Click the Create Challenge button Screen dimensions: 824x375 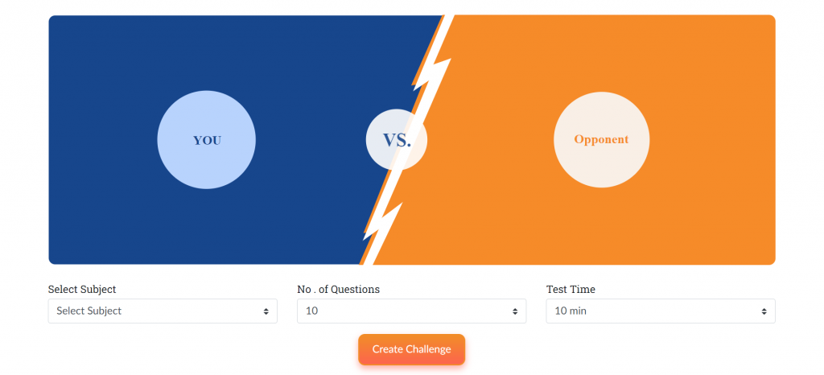click(411, 349)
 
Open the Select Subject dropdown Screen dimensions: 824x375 click(163, 311)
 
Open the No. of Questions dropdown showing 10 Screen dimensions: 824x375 click(411, 311)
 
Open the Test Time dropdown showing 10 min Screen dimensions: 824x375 click(661, 311)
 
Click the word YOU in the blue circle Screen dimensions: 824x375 click(207, 141)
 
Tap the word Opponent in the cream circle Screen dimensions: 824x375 click(601, 139)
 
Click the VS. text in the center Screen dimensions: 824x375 click(397, 140)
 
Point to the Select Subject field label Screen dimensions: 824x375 click(82, 290)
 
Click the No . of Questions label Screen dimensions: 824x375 click(339, 290)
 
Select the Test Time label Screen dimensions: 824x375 click(571, 290)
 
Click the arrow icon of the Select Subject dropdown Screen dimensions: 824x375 click(266, 311)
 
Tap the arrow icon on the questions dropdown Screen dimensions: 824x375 click(516, 311)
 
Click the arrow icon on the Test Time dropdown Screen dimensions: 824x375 click(764, 311)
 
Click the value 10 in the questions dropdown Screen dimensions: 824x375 click(311, 311)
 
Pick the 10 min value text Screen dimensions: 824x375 click(571, 311)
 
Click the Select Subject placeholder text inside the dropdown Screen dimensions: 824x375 click(89, 311)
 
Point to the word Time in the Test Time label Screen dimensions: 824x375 click(585, 290)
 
